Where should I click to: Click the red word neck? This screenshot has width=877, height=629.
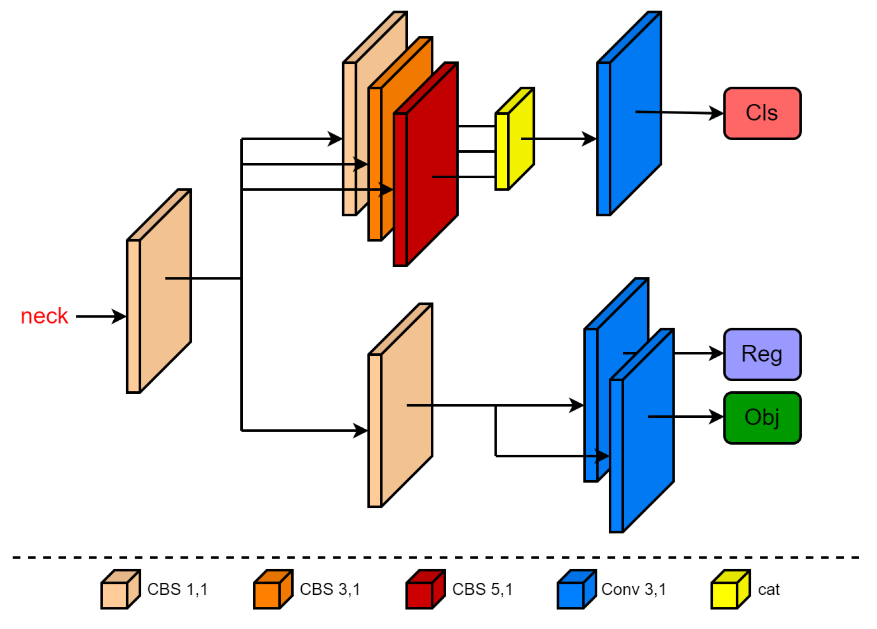click(x=44, y=316)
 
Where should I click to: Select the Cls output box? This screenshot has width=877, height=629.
click(x=761, y=113)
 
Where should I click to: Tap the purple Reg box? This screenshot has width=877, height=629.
click(x=761, y=354)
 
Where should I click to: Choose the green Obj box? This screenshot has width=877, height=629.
click(x=761, y=417)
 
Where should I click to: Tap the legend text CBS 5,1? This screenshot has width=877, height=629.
click(x=482, y=589)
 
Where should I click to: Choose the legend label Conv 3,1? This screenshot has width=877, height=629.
click(x=633, y=589)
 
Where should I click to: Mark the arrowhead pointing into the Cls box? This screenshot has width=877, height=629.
click(x=717, y=113)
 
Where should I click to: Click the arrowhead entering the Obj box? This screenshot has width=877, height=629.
click(x=717, y=417)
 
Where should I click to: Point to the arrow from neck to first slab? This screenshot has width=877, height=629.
click(x=101, y=316)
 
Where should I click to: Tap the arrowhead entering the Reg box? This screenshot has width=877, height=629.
click(x=717, y=353)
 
